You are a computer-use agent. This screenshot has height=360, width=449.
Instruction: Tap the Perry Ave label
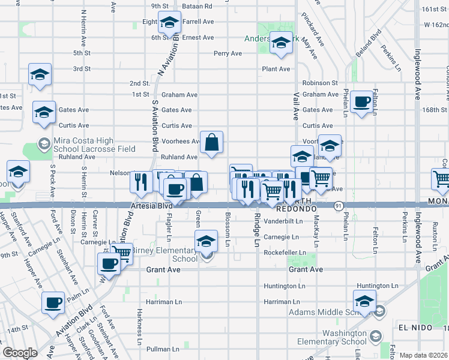tap(228, 53)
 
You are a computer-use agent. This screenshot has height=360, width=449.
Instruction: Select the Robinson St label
tap(320, 83)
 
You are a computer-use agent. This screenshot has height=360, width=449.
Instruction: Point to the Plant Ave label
tap(276, 69)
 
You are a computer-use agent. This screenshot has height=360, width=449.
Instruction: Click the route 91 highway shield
tap(340, 205)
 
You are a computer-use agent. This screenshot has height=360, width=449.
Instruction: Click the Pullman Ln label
tap(160, 349)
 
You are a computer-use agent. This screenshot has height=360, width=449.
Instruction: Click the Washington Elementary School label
tap(336, 338)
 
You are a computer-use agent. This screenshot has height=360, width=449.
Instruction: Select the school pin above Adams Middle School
tap(364, 300)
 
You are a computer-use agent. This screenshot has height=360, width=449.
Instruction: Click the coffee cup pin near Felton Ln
tap(362, 102)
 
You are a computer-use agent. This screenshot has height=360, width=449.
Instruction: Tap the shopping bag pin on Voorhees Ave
tap(211, 142)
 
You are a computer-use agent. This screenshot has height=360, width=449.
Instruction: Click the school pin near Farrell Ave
tap(169, 22)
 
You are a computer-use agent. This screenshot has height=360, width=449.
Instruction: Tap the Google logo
tap(20, 353)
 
